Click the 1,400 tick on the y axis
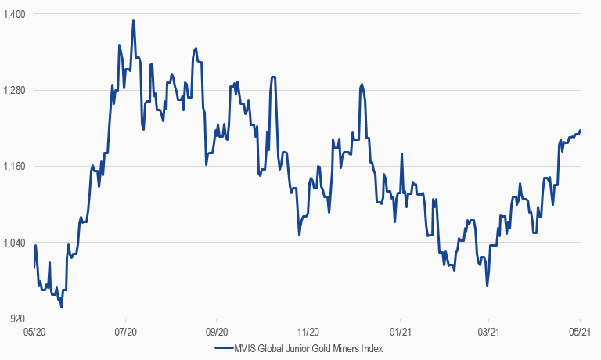tap(15, 14)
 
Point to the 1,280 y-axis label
tap(15, 90)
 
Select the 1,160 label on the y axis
tap(15, 166)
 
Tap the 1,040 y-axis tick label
tap(15, 243)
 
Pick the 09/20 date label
tap(217, 332)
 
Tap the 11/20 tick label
tap(308, 332)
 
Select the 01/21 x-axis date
tap(399, 332)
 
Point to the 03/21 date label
tap(489, 332)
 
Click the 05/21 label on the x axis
tap(579, 332)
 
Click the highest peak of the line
tap(134, 20)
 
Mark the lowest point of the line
tap(61, 308)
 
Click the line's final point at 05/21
tap(580, 131)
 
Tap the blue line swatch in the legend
tap(223, 349)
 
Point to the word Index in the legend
tap(373, 349)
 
